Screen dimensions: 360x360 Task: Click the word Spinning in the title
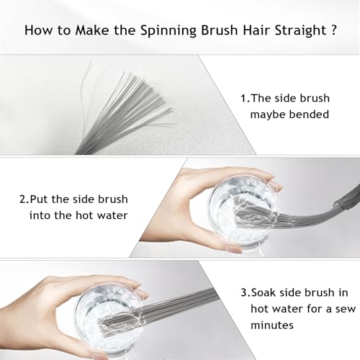[x=168, y=31]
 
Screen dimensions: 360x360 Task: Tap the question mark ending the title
[x=333, y=30]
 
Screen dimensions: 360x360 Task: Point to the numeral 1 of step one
[x=244, y=98]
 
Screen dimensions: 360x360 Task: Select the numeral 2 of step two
[x=23, y=199]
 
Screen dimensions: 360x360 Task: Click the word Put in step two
[x=39, y=199]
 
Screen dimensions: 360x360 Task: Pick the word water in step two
[x=112, y=215]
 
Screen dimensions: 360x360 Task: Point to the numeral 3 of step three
[x=244, y=293]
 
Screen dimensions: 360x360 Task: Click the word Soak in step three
[x=264, y=293]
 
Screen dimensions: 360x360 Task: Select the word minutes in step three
[x=272, y=325]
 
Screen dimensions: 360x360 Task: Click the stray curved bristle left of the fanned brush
[x=84, y=96]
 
